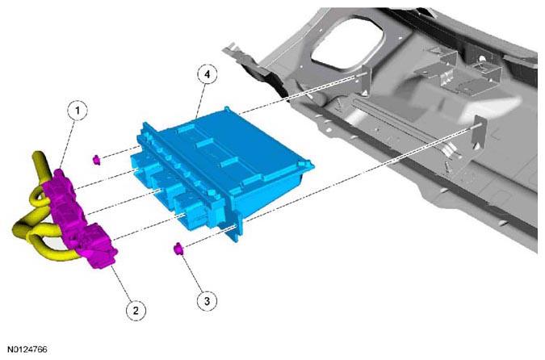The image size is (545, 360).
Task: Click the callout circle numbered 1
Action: pos(78,111)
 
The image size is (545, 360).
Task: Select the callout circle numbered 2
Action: pos(136,310)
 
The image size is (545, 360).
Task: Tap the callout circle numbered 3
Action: pos(207,300)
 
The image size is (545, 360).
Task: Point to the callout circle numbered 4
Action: pos(208,74)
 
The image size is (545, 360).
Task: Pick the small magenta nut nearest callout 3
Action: pos(178,249)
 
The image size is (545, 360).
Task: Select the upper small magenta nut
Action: pos(97,160)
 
